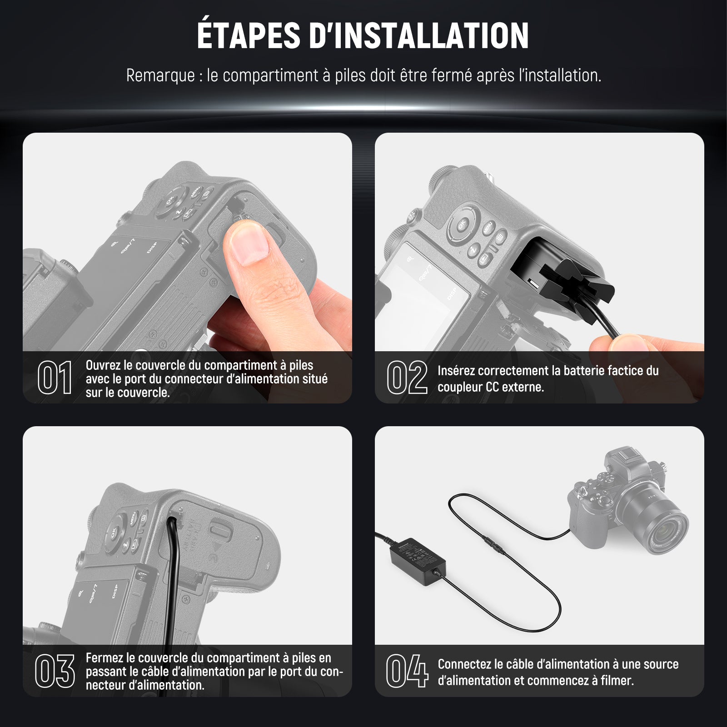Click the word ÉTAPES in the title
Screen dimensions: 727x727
[x=249, y=35]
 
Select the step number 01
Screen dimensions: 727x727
[x=55, y=378]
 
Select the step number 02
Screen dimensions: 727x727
[x=407, y=378]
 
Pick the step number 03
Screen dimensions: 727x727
[x=55, y=671]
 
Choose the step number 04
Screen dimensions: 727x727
[x=407, y=671]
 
